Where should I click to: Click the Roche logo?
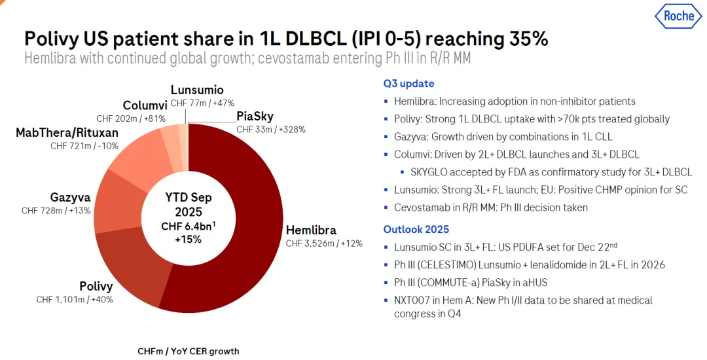pyautogui.click(x=679, y=16)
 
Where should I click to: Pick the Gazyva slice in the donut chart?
pyautogui.click(x=114, y=200)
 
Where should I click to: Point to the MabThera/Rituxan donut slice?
pyautogui.click(x=138, y=154)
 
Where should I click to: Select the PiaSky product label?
pyautogui.click(x=255, y=117)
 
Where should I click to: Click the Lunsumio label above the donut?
pyautogui.click(x=197, y=90)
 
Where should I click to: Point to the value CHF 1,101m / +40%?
pyautogui.click(x=75, y=299)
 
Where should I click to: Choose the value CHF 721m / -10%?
pyautogui.click(x=84, y=146)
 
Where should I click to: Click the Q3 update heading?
pyautogui.click(x=408, y=84)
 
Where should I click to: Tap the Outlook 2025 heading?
pyautogui.click(x=416, y=230)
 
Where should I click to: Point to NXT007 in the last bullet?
pyautogui.click(x=412, y=300)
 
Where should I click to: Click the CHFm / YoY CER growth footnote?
pyautogui.click(x=188, y=351)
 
